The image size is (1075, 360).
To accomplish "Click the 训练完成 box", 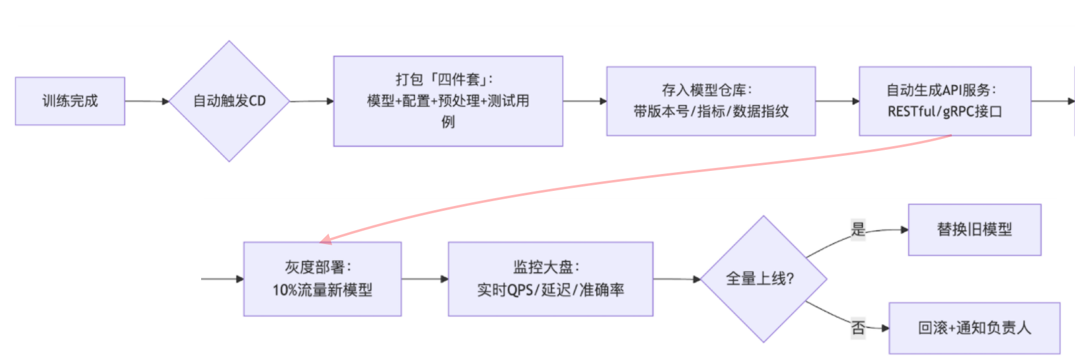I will (70, 101).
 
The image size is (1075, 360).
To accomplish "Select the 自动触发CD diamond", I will (229, 101).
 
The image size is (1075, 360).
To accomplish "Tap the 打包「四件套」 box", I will (448, 101).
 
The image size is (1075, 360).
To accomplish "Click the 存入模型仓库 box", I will (711, 101).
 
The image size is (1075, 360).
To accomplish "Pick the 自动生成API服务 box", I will (945, 101).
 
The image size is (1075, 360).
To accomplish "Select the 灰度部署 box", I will (322, 279).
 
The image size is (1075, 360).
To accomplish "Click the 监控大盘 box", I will (550, 279).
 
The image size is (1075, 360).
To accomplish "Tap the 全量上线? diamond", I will (763, 279).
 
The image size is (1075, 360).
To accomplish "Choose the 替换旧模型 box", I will (974, 230).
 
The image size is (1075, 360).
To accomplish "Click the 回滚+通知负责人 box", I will (974, 328).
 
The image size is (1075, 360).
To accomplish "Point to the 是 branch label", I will (858, 230).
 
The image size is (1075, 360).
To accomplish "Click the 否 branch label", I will (858, 328).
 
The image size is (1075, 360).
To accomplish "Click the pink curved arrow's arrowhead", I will (326, 240).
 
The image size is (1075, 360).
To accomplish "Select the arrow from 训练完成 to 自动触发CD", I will (147, 101).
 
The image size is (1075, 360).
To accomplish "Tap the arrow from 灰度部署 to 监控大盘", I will (425, 279).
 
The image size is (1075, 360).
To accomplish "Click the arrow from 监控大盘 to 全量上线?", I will (676, 279).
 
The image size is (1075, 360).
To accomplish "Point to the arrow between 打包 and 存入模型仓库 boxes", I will (585, 101).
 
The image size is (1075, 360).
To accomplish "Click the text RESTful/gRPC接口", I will (945, 112).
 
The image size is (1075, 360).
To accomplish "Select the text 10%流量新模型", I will (322, 291).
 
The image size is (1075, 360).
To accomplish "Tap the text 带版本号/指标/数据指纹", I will (711, 112).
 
